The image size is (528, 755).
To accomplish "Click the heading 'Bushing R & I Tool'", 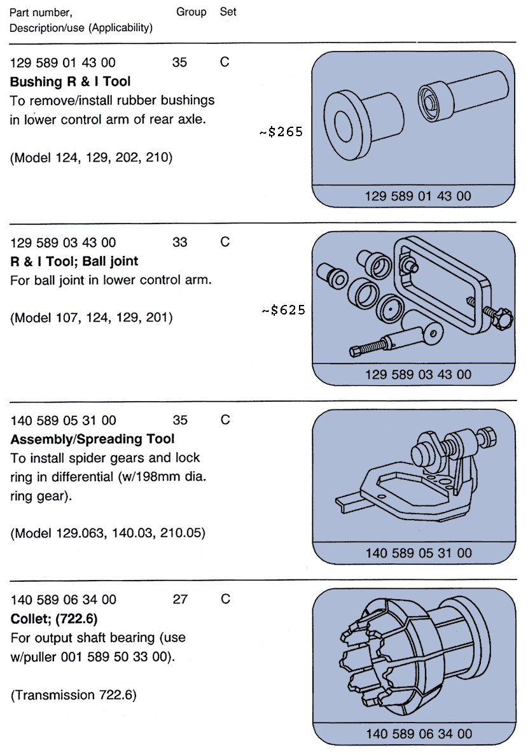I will click(x=71, y=81).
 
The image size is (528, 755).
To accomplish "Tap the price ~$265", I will click(x=281, y=132).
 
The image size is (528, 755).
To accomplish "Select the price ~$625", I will click(x=283, y=311).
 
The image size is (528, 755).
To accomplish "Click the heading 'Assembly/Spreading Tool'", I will click(x=93, y=439).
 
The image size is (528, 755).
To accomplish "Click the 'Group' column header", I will click(x=191, y=12).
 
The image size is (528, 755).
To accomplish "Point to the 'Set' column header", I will click(x=228, y=12).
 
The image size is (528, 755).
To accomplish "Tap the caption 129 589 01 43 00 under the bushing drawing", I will click(x=418, y=196).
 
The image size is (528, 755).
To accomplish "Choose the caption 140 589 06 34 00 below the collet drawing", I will click(x=418, y=733).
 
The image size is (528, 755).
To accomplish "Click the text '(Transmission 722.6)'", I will click(x=74, y=695).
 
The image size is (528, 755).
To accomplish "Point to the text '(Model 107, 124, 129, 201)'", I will click(x=92, y=317).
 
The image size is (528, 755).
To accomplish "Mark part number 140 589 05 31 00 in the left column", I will click(x=64, y=420).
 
